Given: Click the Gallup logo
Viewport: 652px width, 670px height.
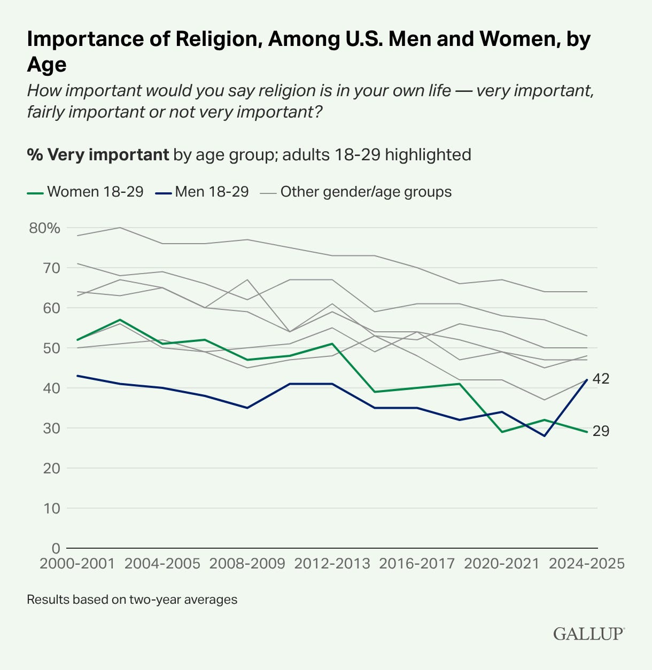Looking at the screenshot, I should pos(588,634).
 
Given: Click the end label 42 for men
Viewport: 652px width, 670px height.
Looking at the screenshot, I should pos(601,379).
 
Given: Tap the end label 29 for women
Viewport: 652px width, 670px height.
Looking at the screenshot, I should pos(601,431).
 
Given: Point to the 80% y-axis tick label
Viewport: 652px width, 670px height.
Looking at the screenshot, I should pos(45,228).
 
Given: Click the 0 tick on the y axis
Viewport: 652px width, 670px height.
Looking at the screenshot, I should pos(56,548).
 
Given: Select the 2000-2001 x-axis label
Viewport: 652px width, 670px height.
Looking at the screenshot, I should pos(77,564).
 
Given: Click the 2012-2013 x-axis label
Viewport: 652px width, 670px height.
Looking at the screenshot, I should pos(332,564).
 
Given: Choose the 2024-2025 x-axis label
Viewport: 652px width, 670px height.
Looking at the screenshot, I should pos(586,564).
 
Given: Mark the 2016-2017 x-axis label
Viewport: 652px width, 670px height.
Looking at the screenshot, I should pos(417,564).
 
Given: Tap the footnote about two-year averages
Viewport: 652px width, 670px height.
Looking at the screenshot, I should pos(132,599).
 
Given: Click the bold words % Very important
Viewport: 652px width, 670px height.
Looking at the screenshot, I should pos(98,155).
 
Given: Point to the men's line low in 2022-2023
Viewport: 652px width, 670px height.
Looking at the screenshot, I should pos(545,436).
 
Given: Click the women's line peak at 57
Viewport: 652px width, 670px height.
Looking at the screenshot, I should pos(120,320).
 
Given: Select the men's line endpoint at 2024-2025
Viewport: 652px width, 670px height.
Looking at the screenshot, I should pos(587,380).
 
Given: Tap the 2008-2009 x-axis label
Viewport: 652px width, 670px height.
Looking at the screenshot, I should pos(247,564).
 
